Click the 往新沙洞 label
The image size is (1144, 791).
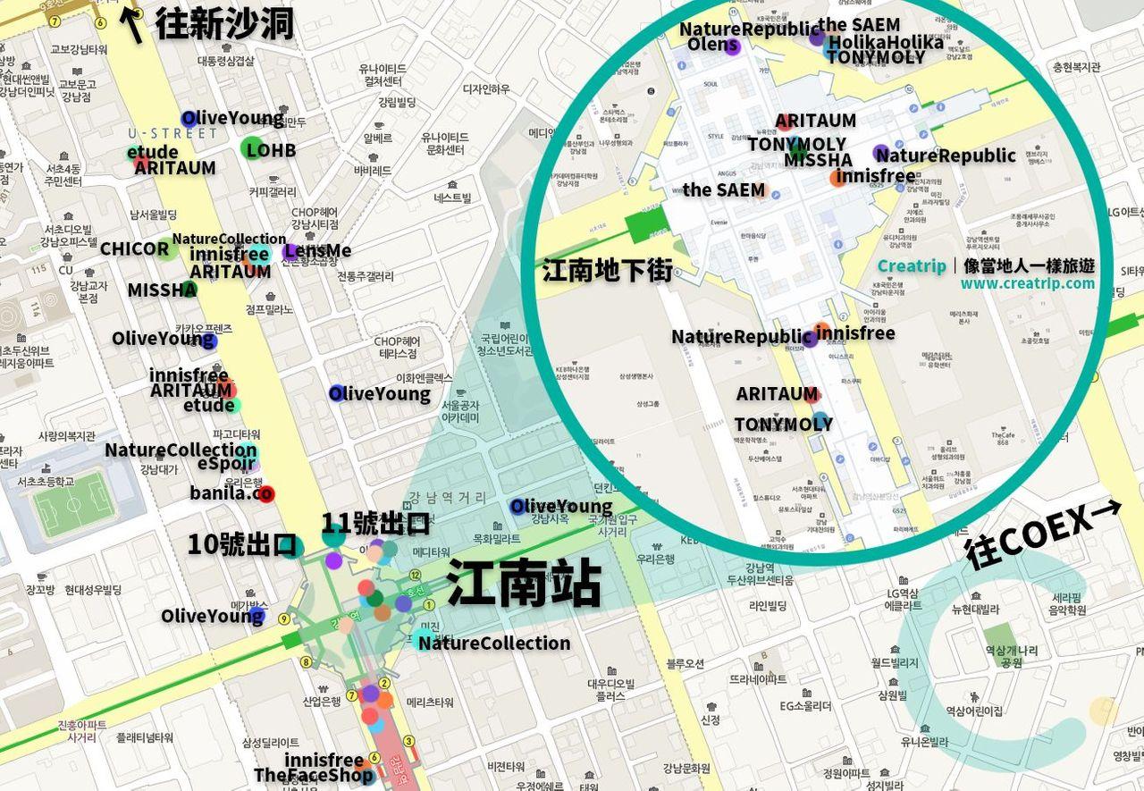[x=224, y=23]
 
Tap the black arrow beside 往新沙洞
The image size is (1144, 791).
[x=134, y=24]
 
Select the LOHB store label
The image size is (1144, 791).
[x=271, y=150]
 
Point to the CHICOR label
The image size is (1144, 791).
[x=134, y=248]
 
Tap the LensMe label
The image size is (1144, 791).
[x=318, y=251]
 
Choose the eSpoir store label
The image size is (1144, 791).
[x=226, y=466]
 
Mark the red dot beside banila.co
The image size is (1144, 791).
[x=265, y=493]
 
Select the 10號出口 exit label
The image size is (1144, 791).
[x=241, y=544]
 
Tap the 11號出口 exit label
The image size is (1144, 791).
[x=375, y=524]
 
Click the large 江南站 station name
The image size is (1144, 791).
[x=523, y=584]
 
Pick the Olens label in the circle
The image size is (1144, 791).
[x=712, y=46]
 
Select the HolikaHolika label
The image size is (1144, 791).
[x=885, y=42]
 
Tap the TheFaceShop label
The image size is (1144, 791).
[x=313, y=775]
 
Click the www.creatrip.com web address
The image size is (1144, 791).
[x=1028, y=284]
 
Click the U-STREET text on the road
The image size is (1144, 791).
[x=172, y=133]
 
